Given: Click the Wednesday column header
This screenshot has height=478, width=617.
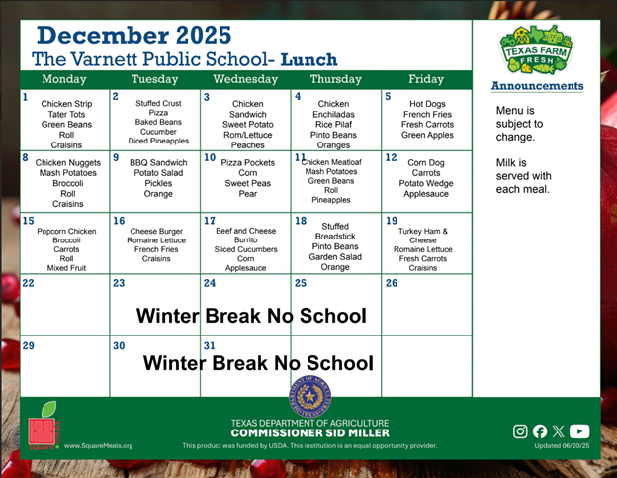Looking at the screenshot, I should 246,79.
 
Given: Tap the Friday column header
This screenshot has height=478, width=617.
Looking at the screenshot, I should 426,79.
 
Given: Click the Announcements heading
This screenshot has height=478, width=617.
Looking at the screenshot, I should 537,86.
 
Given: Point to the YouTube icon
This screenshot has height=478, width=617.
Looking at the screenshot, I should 579,430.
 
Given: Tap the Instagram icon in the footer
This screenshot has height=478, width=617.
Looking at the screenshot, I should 521,430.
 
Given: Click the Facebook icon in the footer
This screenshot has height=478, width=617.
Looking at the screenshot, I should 540,430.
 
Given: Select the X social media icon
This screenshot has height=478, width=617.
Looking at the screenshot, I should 559,430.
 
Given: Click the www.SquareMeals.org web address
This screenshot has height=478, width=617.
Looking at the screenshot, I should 99,445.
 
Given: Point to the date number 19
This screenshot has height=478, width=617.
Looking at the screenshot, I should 392,221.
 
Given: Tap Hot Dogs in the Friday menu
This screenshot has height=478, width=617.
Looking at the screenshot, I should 428,103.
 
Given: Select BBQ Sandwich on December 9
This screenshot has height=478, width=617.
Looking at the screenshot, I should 158,161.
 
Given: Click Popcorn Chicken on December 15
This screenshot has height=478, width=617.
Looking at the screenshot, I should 67,231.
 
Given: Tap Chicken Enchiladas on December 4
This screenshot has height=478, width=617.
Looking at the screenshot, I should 334,109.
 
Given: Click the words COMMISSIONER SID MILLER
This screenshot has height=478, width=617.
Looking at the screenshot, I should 309,433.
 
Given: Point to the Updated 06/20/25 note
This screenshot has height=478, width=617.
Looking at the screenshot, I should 561,445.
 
